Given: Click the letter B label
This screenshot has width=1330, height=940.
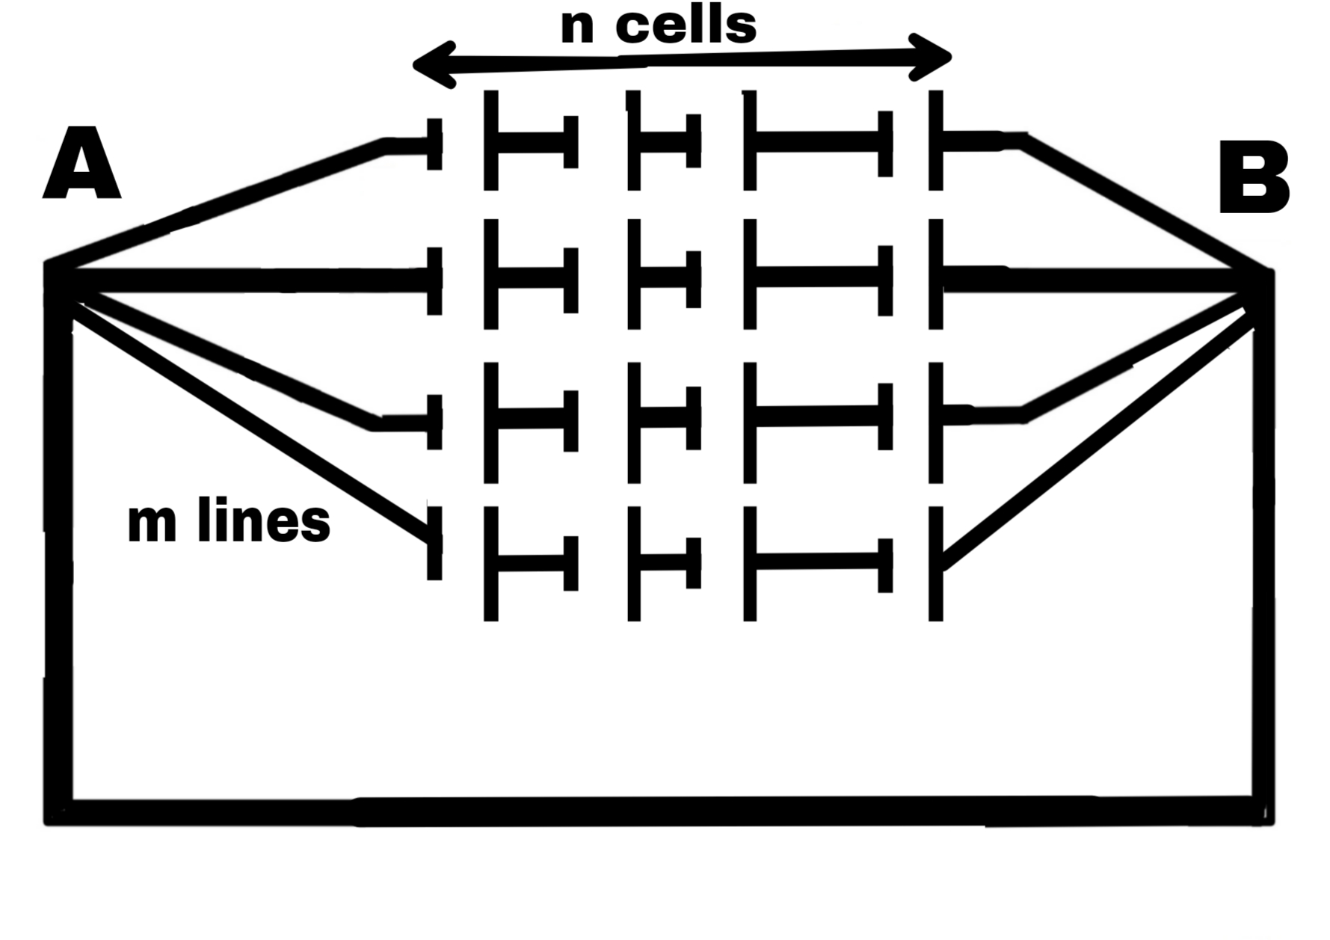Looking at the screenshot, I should (1254, 178).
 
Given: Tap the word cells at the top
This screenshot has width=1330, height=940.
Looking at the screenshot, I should (686, 25).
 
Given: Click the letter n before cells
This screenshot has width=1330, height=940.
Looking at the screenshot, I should (576, 27).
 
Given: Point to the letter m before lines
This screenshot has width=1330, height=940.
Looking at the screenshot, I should (152, 523).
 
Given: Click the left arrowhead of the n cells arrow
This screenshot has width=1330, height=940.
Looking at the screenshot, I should (434, 64).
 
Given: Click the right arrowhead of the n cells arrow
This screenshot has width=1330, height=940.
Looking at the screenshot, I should (931, 57).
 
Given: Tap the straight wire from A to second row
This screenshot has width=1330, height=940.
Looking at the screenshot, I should (247, 280).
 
